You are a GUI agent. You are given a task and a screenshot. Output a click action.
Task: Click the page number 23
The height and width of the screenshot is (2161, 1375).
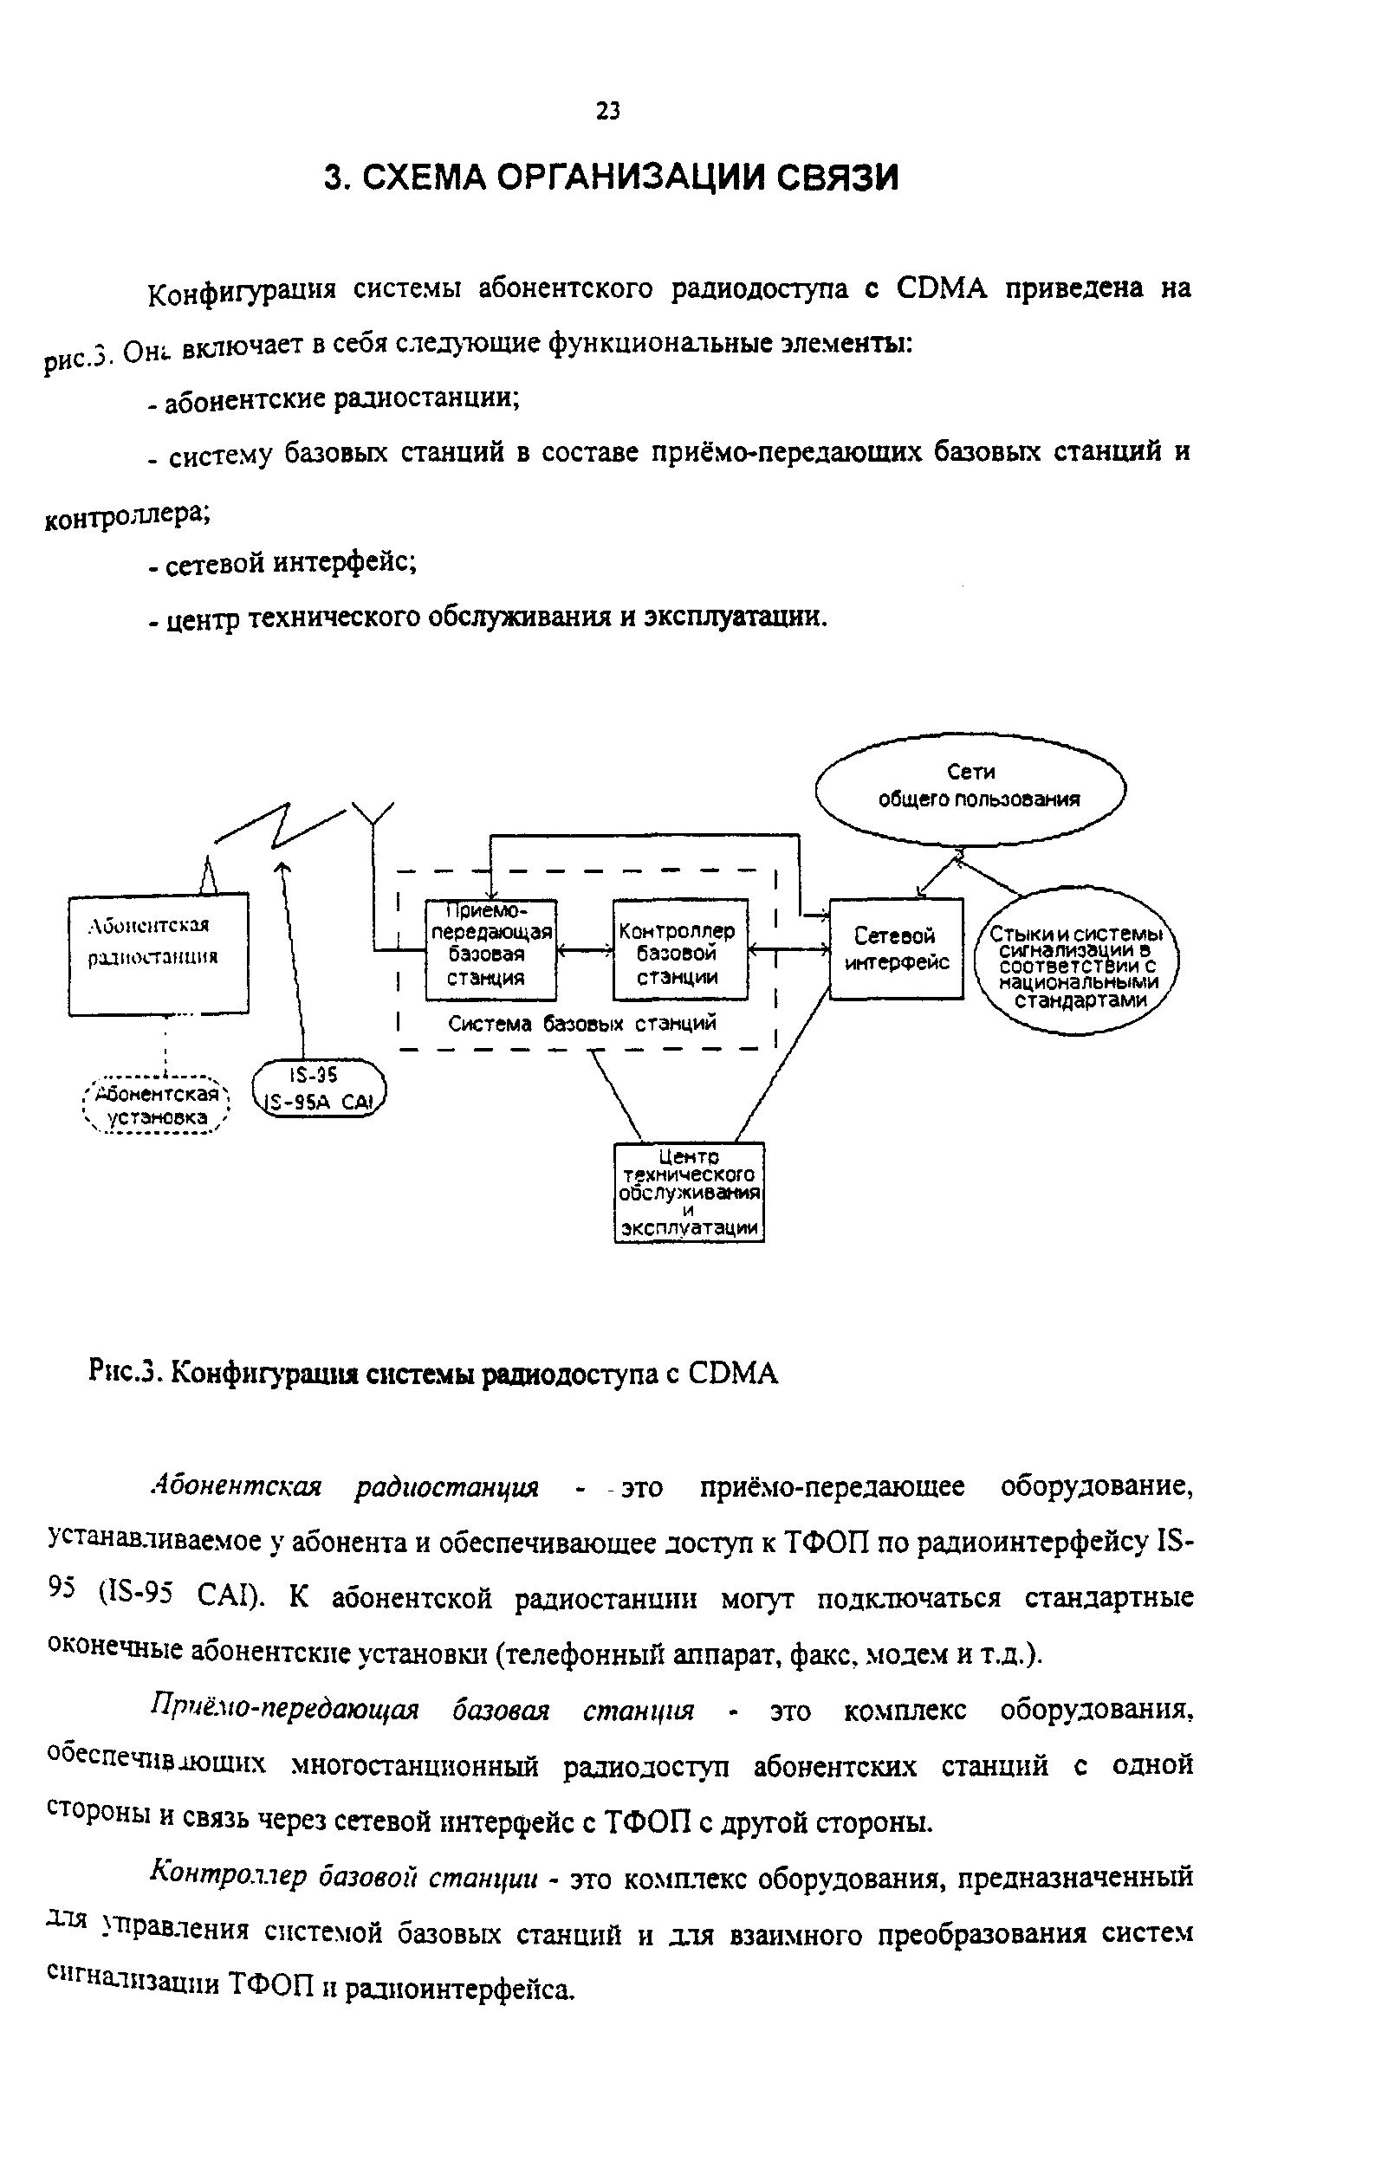point(607,110)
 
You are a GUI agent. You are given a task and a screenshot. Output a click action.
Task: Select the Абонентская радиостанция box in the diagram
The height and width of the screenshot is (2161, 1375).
point(159,953)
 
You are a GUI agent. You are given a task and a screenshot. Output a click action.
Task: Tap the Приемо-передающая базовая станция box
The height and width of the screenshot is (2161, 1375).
point(490,949)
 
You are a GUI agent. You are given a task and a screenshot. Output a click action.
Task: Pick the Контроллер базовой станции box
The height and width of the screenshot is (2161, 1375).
point(679,950)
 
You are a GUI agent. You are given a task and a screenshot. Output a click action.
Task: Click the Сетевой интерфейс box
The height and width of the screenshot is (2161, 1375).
point(896,948)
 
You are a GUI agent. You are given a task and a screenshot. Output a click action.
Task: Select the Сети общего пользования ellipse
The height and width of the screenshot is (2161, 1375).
point(970,787)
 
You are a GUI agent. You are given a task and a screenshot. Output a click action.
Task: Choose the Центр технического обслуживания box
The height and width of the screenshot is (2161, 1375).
point(689,1192)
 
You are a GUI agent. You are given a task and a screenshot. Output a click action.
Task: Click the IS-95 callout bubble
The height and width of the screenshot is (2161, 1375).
point(319,1090)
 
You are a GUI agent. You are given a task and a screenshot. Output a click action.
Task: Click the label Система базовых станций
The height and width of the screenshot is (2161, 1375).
point(582,1024)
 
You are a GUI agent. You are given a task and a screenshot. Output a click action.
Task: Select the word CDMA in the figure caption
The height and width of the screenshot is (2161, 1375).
point(733,1373)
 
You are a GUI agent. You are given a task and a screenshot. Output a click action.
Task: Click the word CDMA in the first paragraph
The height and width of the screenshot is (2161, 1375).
point(942,288)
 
